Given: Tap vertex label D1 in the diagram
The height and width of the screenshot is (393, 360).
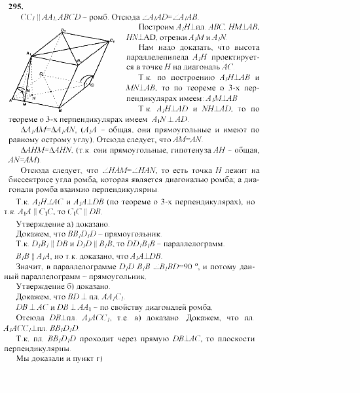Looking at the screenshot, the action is (43, 73).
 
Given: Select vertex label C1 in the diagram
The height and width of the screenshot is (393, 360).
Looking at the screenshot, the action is (112, 41).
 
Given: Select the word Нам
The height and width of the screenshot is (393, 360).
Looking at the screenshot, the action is (148, 48).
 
